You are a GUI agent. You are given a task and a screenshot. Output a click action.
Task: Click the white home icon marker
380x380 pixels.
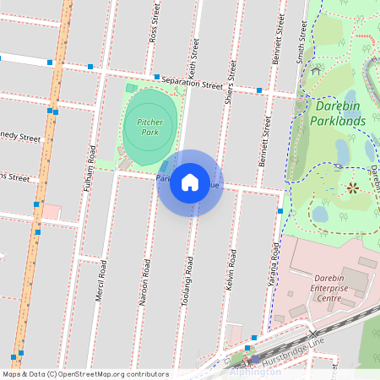[x=190, y=182]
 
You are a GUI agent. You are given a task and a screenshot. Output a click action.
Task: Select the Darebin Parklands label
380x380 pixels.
[x=339, y=113]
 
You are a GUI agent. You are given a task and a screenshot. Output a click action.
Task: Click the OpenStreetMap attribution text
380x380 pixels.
[x=85, y=374]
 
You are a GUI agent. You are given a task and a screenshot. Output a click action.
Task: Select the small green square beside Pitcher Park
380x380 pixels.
[x=131, y=88]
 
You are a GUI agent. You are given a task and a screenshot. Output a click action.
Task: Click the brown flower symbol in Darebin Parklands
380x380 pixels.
[x=352, y=188]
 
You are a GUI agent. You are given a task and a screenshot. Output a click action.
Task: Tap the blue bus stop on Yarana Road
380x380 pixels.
[x=280, y=211]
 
